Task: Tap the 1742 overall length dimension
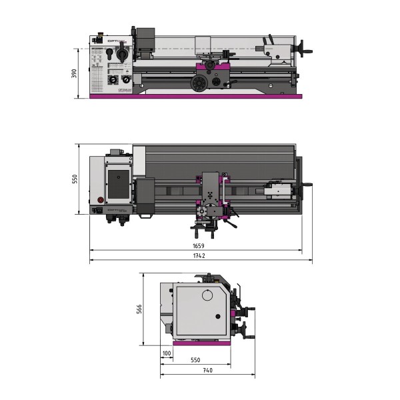[198, 256]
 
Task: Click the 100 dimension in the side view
[166, 352]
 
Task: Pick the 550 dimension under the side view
[195, 360]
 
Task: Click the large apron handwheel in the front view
[198, 83]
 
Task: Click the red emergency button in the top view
[101, 199]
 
